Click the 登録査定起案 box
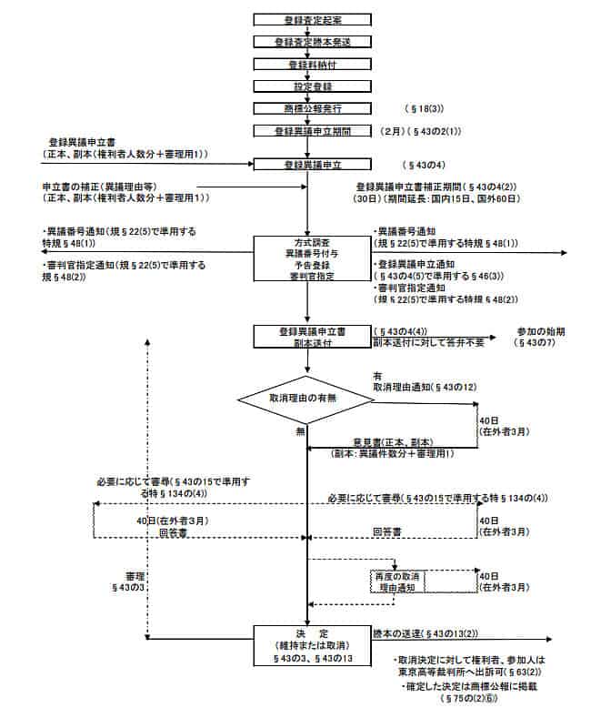click(308, 19)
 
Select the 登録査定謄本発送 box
click(308, 42)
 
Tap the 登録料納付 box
click(308, 65)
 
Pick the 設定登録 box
click(308, 86)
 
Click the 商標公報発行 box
click(308, 108)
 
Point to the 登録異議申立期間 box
click(308, 131)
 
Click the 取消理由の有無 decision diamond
click(308, 399)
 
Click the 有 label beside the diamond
click(377, 374)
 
